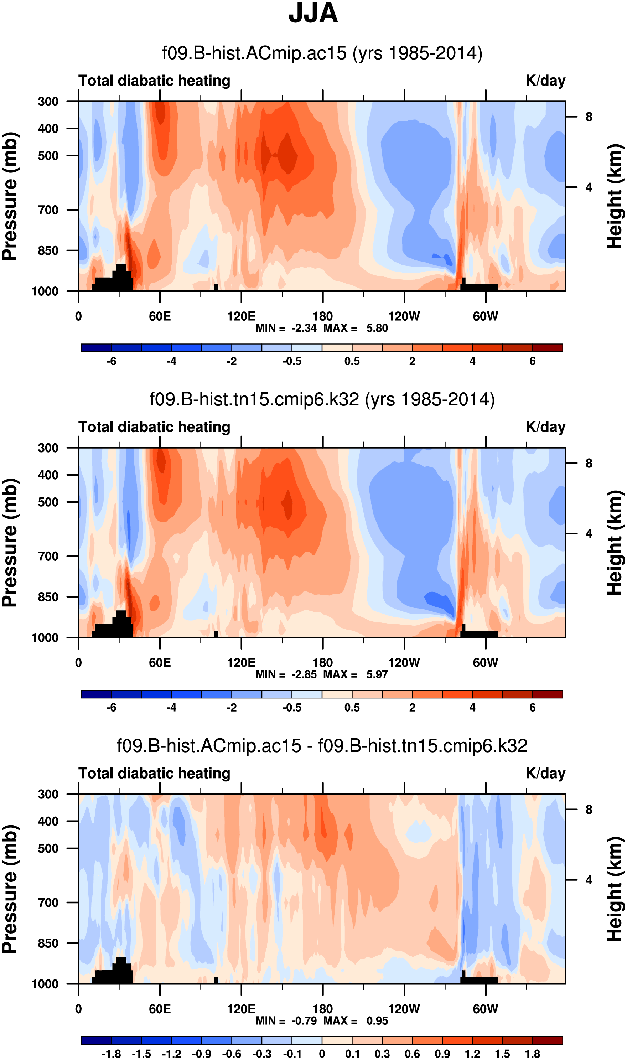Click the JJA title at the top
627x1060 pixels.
pyautogui.click(x=313, y=14)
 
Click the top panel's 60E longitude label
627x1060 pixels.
pyautogui.click(x=160, y=316)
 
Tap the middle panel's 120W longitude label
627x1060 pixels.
pyautogui.click(x=404, y=662)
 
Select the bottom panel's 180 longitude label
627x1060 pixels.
pyautogui.click(x=323, y=1009)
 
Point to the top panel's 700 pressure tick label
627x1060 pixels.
pyautogui.click(x=48, y=210)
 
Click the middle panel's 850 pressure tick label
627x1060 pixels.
pyautogui.click(x=48, y=597)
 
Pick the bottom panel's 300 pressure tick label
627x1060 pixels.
pyautogui.click(x=48, y=794)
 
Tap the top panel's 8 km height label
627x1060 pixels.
pyautogui.click(x=589, y=117)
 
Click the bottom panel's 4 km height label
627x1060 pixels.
pyautogui.click(x=589, y=880)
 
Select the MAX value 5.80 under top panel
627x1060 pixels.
pyautogui.click(x=377, y=328)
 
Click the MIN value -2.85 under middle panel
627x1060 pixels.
pyautogui.click(x=304, y=675)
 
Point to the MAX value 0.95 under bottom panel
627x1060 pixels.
pyautogui.click(x=377, y=1021)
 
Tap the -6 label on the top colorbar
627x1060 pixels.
pyautogui.click(x=111, y=361)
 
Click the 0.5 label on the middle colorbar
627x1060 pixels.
pyautogui.click(x=352, y=708)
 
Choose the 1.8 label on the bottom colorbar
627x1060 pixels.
pyautogui.click(x=532, y=1054)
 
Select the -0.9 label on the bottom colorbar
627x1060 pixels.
pyautogui.click(x=202, y=1054)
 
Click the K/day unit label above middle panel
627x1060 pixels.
pyautogui.click(x=545, y=427)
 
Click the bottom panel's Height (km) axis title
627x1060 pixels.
pyautogui.click(x=615, y=889)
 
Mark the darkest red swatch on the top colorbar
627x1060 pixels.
pyautogui.click(x=548, y=348)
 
